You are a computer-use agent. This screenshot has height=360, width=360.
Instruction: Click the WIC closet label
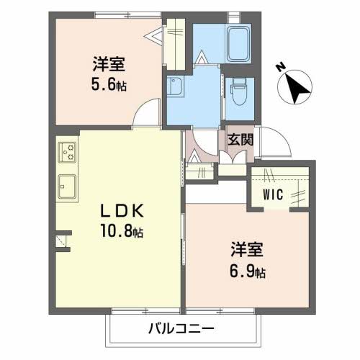point(272,194)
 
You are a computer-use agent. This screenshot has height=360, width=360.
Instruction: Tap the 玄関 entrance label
point(239,140)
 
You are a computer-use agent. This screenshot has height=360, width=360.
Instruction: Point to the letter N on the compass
point(281,68)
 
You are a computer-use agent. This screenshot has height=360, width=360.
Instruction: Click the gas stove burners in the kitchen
point(69,152)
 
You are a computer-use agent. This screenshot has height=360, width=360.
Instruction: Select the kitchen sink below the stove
point(68,186)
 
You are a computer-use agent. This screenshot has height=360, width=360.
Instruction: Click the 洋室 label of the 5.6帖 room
point(109,63)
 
